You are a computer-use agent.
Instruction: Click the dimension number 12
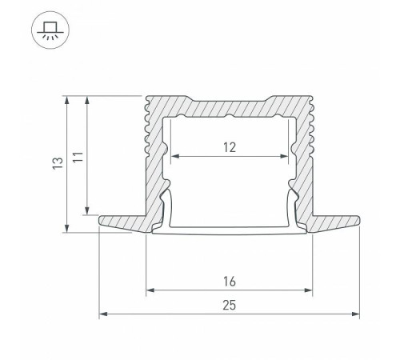230,146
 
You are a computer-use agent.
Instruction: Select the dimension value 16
230,282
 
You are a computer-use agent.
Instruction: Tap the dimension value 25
230,306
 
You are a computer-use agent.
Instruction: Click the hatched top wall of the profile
230,106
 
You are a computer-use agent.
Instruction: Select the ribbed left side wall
153,152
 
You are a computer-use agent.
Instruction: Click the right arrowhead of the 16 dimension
308,290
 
